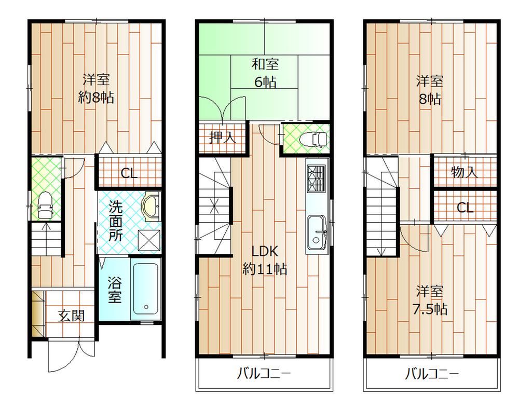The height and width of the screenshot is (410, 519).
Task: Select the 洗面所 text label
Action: pos(116,221)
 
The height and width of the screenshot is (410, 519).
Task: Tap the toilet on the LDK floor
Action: pos(315,139)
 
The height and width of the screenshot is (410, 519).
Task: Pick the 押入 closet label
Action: pos(222,138)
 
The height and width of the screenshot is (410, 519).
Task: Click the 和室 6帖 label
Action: pos(265,73)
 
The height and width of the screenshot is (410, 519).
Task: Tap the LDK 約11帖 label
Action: pos(265,260)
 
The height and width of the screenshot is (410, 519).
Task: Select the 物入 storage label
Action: pos(465,172)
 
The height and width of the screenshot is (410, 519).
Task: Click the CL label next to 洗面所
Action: pos(129,173)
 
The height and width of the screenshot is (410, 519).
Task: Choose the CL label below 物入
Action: pos(465,208)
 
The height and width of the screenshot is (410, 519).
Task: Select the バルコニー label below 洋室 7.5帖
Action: pos(432,374)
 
